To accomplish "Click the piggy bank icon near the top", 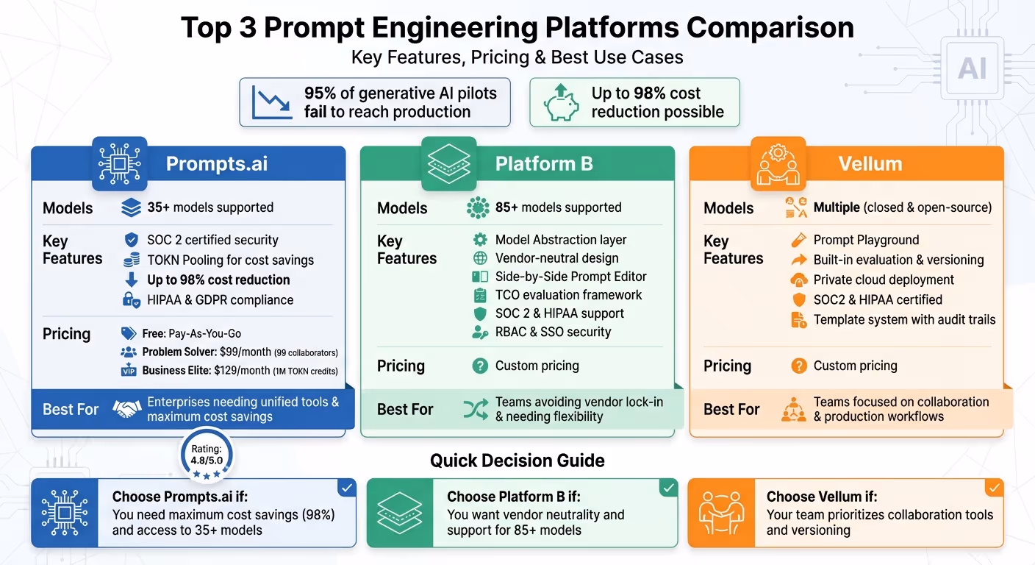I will tap(561, 103).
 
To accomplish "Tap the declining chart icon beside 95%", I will tap(271, 102).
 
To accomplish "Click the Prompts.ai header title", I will tap(216, 163).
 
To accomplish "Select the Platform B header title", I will tap(544, 163).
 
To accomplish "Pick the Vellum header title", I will tap(870, 163).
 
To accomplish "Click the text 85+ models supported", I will tap(558, 207).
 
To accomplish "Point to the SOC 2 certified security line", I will tap(213, 240).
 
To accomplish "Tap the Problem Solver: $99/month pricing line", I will tap(240, 352).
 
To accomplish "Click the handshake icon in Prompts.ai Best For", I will tap(127, 409).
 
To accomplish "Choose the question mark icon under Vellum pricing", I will tap(798, 366).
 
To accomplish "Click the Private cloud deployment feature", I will tap(884, 280).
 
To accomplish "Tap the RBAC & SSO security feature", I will tap(553, 332).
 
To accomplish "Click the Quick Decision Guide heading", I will tap(517, 461).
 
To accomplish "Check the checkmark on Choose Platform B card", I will tap(667, 488).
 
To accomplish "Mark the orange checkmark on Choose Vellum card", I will tap(994, 488).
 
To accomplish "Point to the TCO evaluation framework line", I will tap(568, 295).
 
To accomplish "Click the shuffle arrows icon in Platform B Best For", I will tap(476, 409).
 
